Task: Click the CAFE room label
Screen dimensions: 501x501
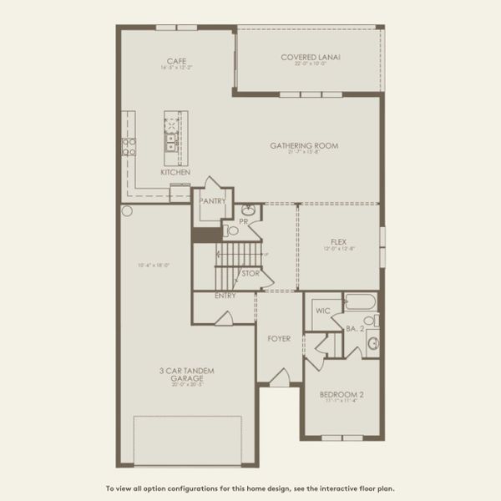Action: point(175,61)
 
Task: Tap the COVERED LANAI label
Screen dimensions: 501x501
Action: point(311,57)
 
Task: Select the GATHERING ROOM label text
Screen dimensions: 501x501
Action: point(304,145)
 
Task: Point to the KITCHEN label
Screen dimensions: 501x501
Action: point(175,172)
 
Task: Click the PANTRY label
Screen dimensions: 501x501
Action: point(212,200)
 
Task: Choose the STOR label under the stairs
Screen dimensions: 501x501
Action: point(250,273)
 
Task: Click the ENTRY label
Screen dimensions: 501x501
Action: point(225,296)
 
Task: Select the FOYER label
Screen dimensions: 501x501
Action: point(279,338)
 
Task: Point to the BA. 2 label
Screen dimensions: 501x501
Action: point(355,329)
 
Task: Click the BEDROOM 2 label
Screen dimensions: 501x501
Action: point(342,394)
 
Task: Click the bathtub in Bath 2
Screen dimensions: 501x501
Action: point(361,301)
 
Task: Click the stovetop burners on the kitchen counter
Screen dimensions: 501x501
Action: point(129,147)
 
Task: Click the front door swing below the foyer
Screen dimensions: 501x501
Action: point(281,377)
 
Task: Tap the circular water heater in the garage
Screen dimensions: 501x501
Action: point(127,210)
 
